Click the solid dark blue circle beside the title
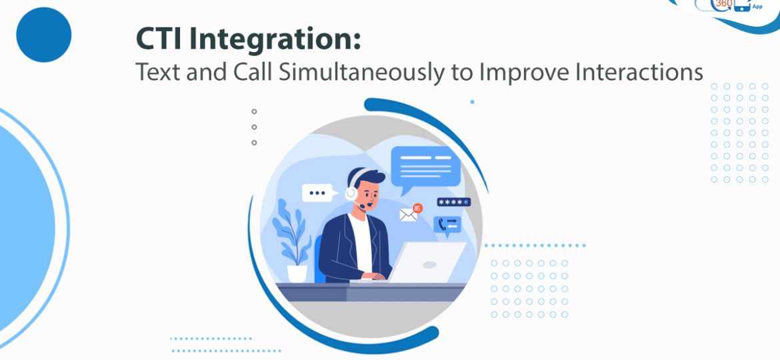coord(44,35)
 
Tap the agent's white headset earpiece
coord(351,193)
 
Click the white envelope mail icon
coord(409,214)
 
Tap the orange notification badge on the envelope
coord(418,208)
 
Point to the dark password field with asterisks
coord(454,202)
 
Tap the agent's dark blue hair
coord(368,176)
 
